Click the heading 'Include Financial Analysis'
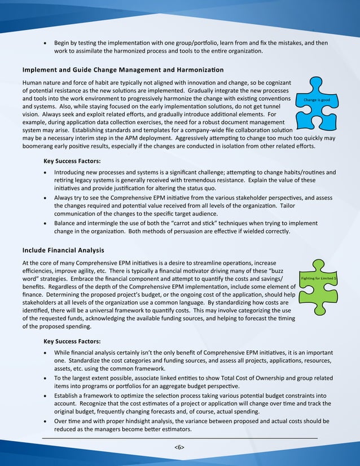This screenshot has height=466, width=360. click(63, 250)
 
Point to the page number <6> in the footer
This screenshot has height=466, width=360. click(179, 447)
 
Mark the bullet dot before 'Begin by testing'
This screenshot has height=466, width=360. click(46, 43)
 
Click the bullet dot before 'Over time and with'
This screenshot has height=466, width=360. click(46, 421)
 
